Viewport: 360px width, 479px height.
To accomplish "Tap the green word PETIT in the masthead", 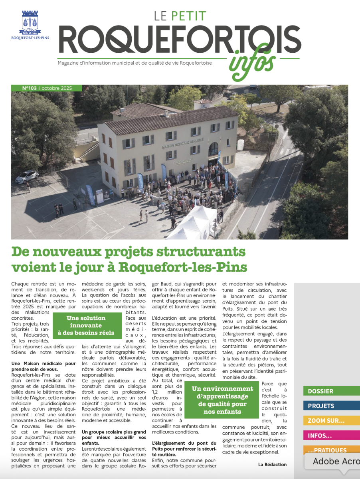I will click(188, 16).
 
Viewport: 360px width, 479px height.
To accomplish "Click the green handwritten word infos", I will click(253, 64).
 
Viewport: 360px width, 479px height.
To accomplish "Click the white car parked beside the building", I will click(27, 176).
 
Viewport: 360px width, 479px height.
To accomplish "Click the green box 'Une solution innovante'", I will click(86, 325).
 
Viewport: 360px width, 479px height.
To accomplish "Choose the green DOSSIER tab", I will click(331, 391).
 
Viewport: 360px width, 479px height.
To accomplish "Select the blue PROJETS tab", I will click(331, 406).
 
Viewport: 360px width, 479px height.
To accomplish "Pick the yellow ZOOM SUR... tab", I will click(331, 421).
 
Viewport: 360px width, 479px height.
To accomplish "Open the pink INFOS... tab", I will click(331, 435).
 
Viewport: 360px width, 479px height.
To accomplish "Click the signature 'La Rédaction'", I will click(272, 464).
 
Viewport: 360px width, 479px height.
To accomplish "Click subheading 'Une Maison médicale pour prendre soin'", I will click(43, 366).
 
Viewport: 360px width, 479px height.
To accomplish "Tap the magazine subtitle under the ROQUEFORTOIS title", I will click(135, 63).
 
